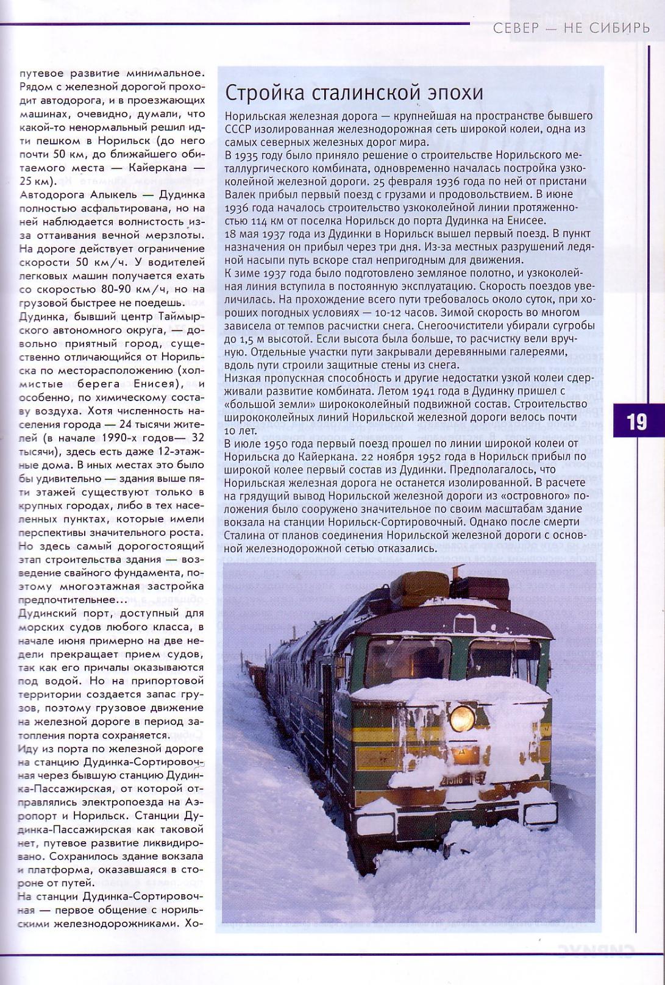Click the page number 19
point(636,422)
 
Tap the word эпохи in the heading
point(455,94)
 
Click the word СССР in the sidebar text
point(237,129)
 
